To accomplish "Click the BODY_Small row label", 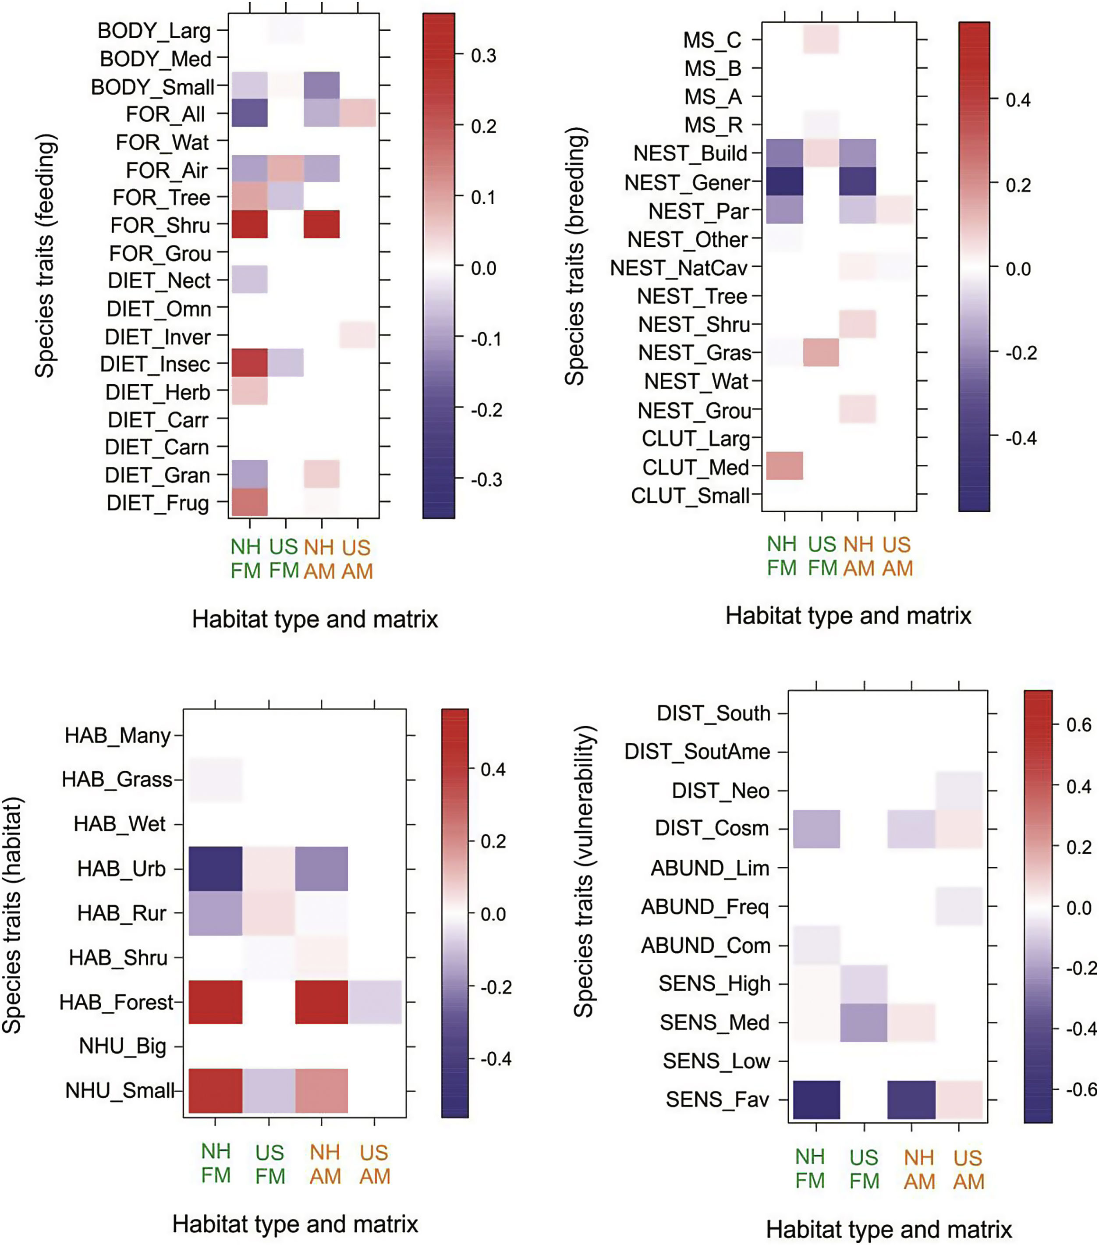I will tap(152, 87).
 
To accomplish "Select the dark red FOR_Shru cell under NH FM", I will tap(249, 224).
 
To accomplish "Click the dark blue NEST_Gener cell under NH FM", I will tap(784, 181).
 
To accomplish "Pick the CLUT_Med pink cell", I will tap(784, 466).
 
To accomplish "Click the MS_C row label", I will tap(712, 40).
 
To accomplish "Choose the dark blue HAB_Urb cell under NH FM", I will tap(215, 869).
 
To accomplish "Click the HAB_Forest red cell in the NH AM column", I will tap(322, 1002).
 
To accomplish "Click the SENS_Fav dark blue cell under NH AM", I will tap(911, 1100).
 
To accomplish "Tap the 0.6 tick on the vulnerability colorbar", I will tap(1079, 725).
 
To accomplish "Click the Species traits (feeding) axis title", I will tap(45, 256).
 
